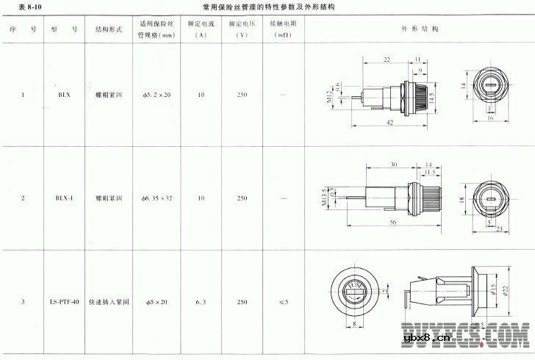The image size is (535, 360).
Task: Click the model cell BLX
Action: point(64,95)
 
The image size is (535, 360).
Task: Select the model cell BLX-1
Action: point(64,198)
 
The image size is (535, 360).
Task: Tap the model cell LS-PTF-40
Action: point(65,302)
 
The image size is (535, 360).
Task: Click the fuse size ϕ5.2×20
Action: point(156,95)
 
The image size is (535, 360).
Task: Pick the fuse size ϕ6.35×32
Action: point(156,198)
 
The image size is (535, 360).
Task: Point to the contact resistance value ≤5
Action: point(284,302)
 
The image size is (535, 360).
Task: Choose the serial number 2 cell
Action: point(23,198)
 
